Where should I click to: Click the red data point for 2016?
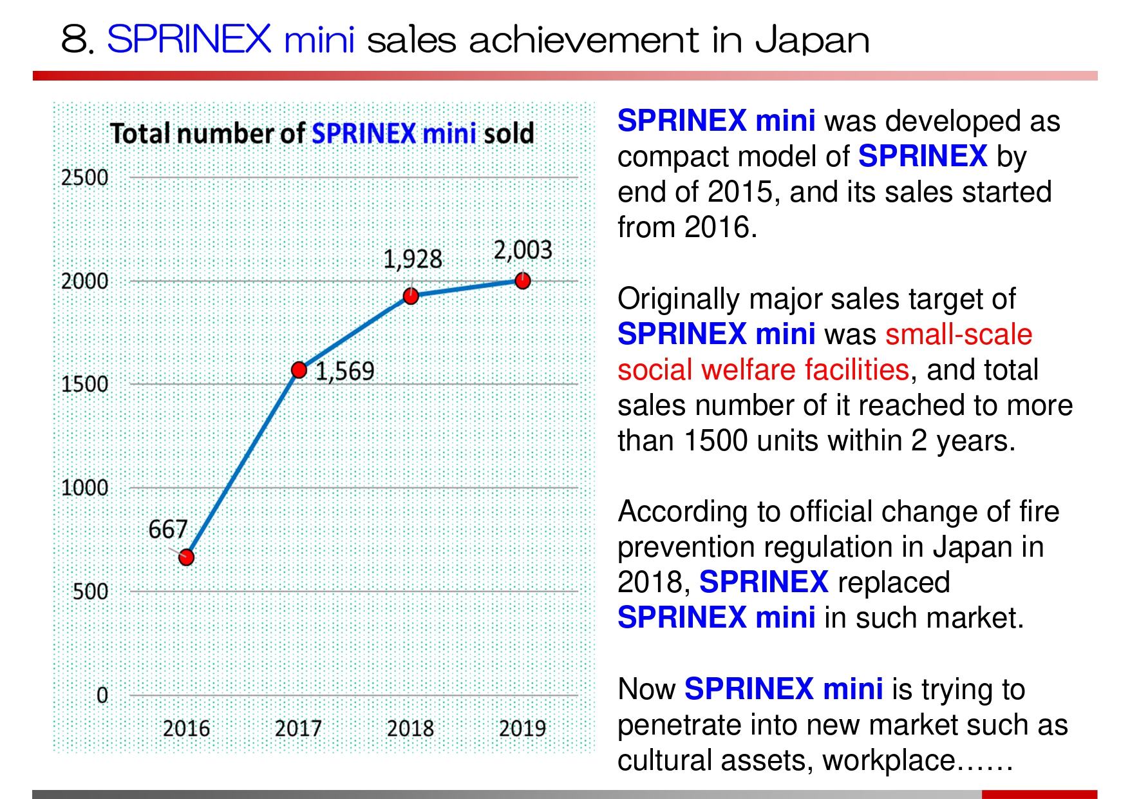click(x=186, y=557)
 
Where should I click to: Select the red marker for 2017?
click(x=299, y=370)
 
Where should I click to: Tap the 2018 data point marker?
click(x=411, y=296)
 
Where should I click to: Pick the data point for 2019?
click(x=523, y=281)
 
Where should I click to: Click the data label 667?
click(x=167, y=530)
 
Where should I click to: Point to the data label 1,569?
click(x=344, y=371)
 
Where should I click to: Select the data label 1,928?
click(x=413, y=260)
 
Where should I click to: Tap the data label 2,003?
click(x=523, y=250)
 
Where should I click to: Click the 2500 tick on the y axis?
click(x=84, y=178)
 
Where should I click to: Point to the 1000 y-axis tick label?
click(x=84, y=488)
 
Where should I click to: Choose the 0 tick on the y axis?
click(x=102, y=695)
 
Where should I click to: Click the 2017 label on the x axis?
click(x=298, y=729)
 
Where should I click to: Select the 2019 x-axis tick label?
click(x=522, y=729)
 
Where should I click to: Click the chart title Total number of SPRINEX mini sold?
click(x=322, y=134)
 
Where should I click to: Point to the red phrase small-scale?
click(x=959, y=334)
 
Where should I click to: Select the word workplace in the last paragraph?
click(x=889, y=761)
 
